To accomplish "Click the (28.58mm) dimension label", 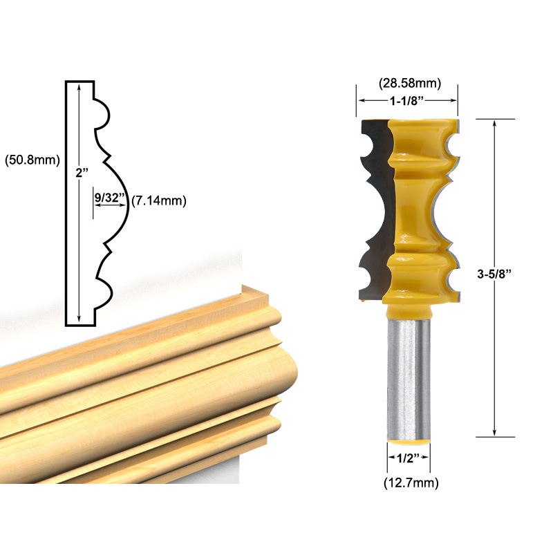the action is [410, 83].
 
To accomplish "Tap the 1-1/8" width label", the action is [406, 101].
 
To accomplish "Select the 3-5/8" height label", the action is [494, 274].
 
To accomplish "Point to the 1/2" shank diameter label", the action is [408, 458].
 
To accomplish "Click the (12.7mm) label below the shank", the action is [411, 482].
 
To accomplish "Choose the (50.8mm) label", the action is [32, 160].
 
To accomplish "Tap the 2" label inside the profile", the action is [82, 172].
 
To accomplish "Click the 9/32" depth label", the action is [110, 197].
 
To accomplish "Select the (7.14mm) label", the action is [159, 200].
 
